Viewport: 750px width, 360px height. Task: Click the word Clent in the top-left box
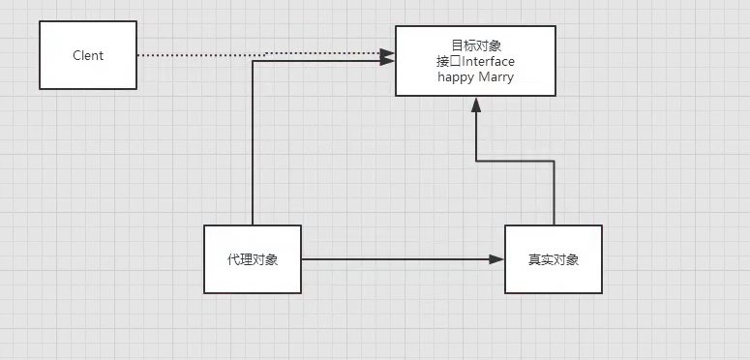click(x=88, y=55)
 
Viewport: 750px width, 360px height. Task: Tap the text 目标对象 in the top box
click(x=475, y=45)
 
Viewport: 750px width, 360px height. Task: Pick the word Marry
click(x=496, y=77)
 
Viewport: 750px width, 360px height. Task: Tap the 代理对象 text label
click(x=253, y=259)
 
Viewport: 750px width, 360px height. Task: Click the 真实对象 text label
click(x=554, y=259)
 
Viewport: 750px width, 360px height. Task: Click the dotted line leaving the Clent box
click(x=194, y=55)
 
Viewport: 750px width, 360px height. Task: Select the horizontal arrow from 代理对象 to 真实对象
click(x=397, y=259)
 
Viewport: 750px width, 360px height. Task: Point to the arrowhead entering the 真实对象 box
click(x=497, y=259)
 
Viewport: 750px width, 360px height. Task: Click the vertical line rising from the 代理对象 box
click(x=253, y=145)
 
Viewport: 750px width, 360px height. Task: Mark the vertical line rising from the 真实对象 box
click(x=554, y=194)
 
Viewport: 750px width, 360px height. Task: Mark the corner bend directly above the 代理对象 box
click(x=253, y=61)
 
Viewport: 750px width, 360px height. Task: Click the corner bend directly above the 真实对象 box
click(x=554, y=162)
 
